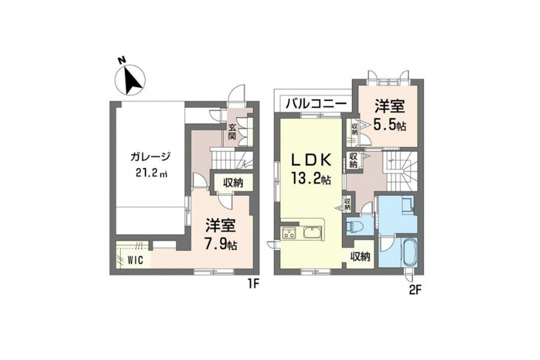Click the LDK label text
coord(310,160)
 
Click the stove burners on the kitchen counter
coord(288,234)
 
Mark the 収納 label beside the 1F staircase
coord(231,182)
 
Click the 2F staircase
coord(400,168)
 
